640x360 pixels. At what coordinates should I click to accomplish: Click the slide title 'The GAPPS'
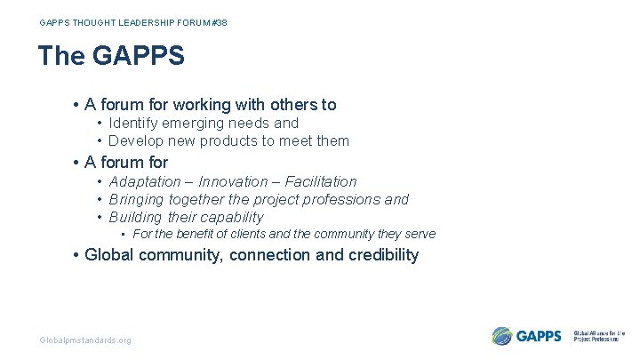(x=111, y=56)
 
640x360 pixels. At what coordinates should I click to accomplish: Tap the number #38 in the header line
(x=219, y=22)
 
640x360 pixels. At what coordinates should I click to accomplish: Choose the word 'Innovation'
(x=234, y=181)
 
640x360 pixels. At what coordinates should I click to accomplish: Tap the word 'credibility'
(x=376, y=255)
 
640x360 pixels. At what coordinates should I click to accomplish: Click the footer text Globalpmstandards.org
(x=85, y=340)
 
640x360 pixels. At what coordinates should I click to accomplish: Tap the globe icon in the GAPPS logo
(x=502, y=336)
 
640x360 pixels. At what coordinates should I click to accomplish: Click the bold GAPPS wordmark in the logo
(x=539, y=336)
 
